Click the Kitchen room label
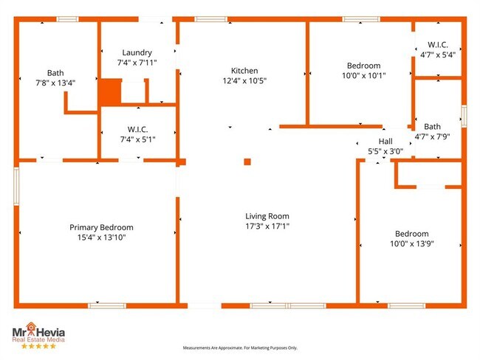tap(244, 70)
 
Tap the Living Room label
tap(267, 216)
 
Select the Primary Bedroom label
tap(101, 227)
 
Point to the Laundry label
tap(137, 52)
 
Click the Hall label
tap(385, 141)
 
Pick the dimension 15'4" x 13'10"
tap(101, 238)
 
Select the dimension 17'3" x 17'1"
tap(267, 226)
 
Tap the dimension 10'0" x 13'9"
tap(411, 243)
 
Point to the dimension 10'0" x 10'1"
tap(364, 75)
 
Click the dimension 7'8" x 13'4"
tap(55, 83)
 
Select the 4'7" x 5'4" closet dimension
tap(438, 55)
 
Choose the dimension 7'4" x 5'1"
tap(137, 139)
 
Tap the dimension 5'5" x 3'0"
tap(385, 151)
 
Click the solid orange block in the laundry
tap(111, 92)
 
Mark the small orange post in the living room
tap(247, 162)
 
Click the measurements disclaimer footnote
tap(240, 347)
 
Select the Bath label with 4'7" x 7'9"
tap(432, 126)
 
